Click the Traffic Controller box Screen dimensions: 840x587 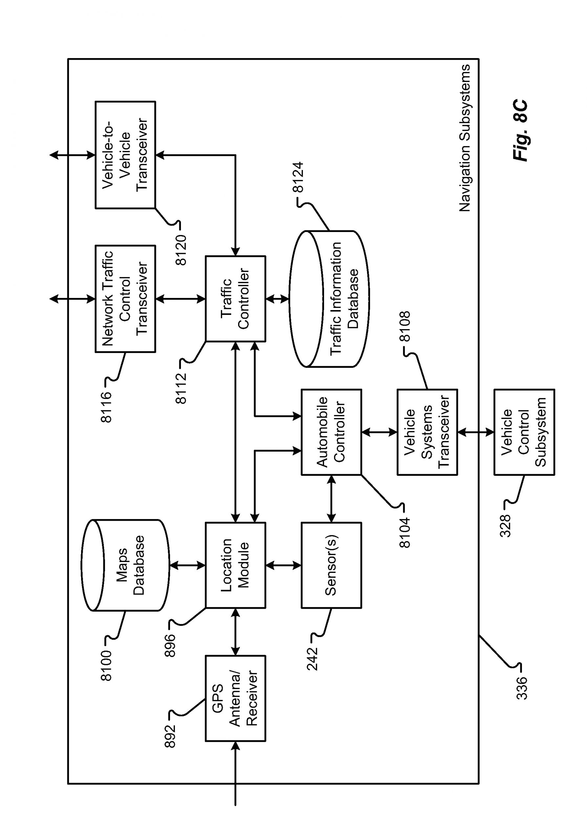[x=235, y=299]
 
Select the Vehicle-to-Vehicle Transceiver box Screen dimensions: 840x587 [x=125, y=155]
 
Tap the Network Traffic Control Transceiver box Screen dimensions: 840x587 [x=125, y=299]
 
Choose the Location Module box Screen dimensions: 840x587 [x=235, y=565]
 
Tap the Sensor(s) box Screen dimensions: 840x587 [x=331, y=565]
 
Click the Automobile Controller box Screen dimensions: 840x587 [x=331, y=432]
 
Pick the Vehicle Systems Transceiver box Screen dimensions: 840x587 [x=427, y=432]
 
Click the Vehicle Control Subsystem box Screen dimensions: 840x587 [x=524, y=432]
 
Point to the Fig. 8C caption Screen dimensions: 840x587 [x=520, y=130]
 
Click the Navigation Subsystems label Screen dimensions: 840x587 [x=465, y=138]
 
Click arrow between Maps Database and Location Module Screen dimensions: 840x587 [x=187, y=565]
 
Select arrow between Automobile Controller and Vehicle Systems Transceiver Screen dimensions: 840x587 [x=379, y=432]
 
